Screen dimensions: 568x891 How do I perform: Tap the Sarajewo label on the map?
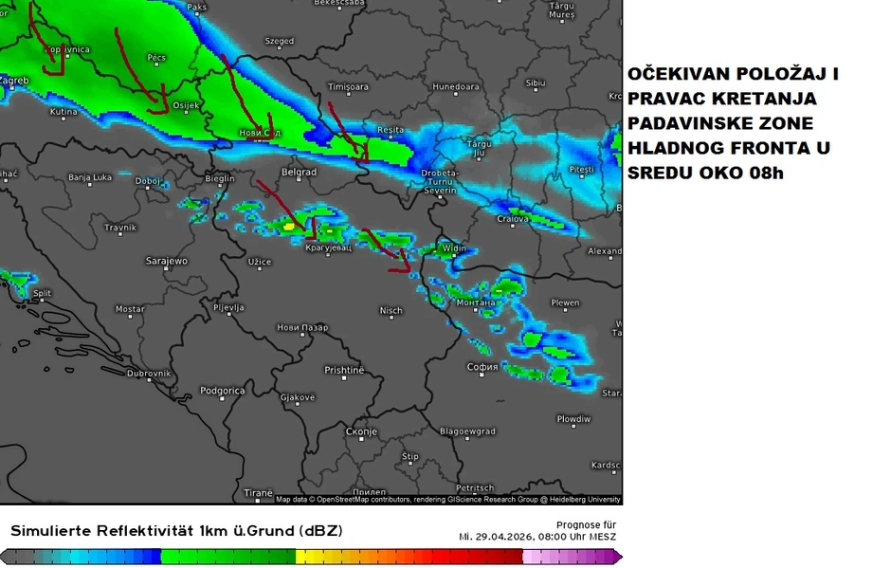point(166,260)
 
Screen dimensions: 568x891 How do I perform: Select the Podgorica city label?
point(222,391)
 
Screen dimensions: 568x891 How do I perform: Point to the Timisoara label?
point(347,86)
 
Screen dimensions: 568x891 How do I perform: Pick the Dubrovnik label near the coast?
point(149,374)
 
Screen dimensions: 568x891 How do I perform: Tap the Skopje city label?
point(361,431)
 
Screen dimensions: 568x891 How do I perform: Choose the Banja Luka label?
point(91,177)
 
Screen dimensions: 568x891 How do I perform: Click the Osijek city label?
point(185,104)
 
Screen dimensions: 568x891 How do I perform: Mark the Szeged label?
point(279,42)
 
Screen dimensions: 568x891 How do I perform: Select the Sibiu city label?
point(536,83)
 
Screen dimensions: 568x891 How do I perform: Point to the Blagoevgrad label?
point(467,431)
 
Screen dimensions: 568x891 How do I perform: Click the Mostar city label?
point(130,309)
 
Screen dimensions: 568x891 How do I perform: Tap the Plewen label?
point(565,303)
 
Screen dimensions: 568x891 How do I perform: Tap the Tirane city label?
point(257,493)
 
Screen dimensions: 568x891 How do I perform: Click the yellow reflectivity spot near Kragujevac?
point(288,227)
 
